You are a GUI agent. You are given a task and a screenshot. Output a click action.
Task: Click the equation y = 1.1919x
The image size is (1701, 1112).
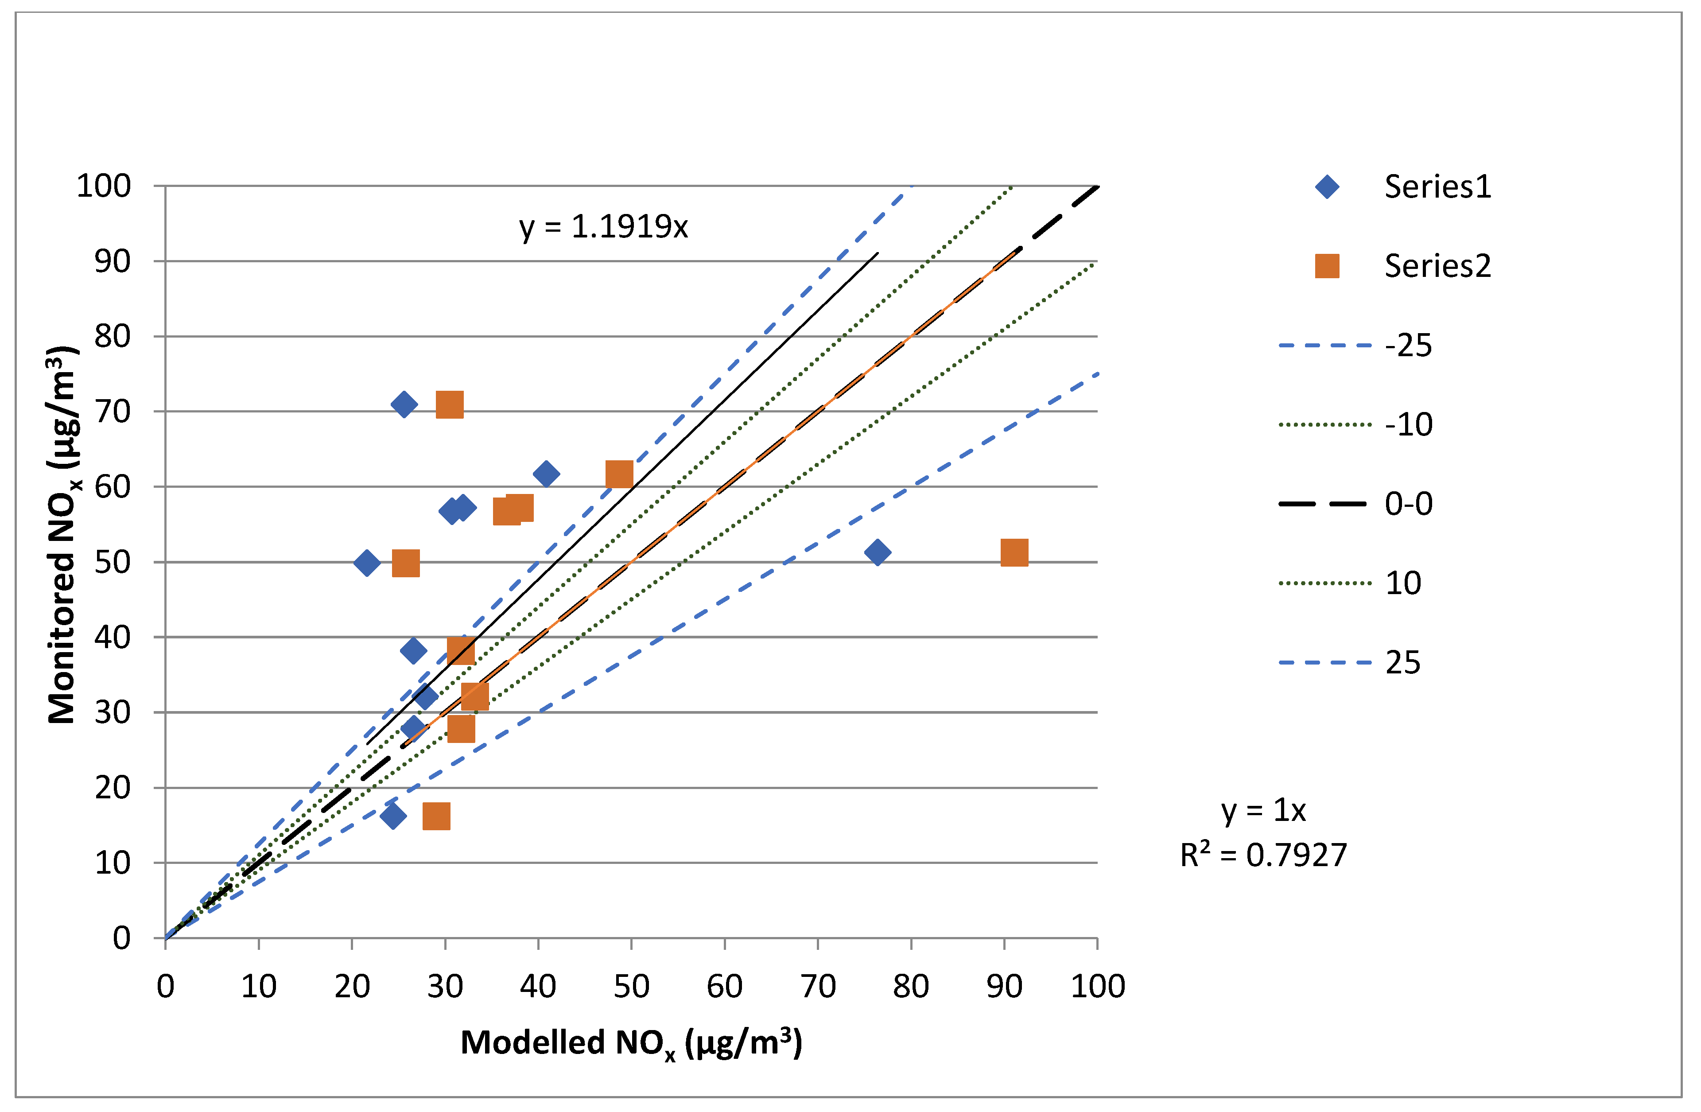click(603, 227)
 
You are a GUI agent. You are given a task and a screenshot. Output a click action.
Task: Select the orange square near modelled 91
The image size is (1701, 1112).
click(1014, 552)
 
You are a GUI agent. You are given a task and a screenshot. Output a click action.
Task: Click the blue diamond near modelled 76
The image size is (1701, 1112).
click(877, 552)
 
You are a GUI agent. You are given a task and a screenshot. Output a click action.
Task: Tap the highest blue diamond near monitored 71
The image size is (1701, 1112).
click(404, 404)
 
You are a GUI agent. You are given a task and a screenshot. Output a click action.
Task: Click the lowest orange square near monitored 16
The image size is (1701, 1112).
click(436, 816)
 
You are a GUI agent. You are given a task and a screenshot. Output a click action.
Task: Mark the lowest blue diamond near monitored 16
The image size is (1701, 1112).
click(392, 816)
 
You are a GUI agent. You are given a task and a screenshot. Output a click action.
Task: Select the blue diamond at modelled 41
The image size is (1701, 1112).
click(546, 474)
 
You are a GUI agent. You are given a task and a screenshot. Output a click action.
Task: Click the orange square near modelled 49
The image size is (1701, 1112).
click(619, 474)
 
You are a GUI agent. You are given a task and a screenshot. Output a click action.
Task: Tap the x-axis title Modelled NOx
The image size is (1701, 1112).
click(631, 1043)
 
